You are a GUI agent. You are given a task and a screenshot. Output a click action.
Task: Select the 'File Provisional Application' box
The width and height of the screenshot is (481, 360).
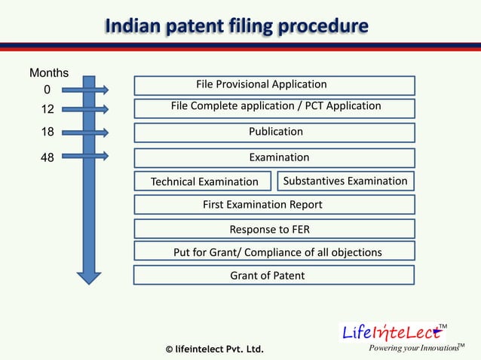tap(274, 85)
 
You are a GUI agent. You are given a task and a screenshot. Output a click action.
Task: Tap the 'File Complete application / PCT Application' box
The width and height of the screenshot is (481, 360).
tap(274, 108)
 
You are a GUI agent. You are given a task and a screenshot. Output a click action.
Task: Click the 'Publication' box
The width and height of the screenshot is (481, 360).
tap(274, 133)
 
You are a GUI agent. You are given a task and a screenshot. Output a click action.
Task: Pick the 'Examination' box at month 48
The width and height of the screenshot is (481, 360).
tap(274, 158)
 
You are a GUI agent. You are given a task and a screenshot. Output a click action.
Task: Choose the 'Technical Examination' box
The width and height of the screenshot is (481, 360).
tap(204, 182)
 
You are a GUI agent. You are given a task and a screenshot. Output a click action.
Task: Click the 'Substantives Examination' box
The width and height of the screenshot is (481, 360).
tap(345, 182)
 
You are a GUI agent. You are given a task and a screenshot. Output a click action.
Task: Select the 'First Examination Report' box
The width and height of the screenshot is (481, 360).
tap(274, 205)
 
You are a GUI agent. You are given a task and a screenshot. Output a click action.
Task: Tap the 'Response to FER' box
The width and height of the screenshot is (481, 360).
tap(274, 229)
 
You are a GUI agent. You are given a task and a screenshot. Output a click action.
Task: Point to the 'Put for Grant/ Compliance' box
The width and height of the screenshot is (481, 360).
tap(274, 252)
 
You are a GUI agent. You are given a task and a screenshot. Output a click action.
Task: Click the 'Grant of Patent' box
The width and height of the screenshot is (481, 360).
tap(274, 276)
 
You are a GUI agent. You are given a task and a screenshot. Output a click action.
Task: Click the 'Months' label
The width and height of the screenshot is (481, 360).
tap(49, 73)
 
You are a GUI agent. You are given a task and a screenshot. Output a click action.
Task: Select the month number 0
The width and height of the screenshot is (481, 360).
tap(47, 91)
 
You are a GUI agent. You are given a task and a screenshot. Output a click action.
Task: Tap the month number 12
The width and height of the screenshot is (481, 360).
tap(47, 110)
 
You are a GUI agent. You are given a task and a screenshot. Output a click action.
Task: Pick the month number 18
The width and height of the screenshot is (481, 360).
tap(47, 133)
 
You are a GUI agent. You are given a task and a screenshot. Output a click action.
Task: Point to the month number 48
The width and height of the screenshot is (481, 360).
tap(47, 157)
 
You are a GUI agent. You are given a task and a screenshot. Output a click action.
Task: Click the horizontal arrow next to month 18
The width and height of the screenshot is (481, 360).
tap(85, 133)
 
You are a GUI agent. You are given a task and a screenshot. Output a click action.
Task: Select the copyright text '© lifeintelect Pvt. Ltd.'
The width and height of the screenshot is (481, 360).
tap(214, 349)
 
